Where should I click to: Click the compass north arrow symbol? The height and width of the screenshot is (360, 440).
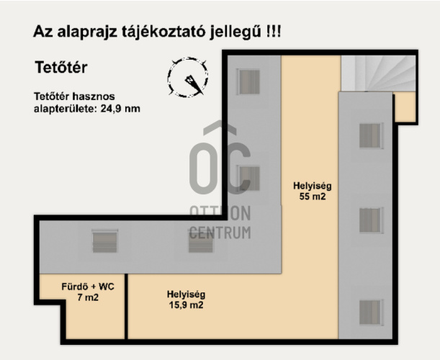(x=193, y=84)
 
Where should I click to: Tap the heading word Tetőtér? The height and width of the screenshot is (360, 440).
(x=61, y=68)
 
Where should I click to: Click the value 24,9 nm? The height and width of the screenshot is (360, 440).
(x=120, y=109)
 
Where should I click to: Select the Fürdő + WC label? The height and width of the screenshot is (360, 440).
(x=88, y=287)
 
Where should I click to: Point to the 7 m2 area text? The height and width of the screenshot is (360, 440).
(x=88, y=297)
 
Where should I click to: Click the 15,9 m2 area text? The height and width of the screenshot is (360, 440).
(x=186, y=305)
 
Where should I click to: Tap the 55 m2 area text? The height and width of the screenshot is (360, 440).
(x=313, y=197)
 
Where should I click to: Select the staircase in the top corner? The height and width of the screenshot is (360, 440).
(x=378, y=73)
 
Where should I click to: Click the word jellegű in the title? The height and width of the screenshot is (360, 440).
(x=235, y=32)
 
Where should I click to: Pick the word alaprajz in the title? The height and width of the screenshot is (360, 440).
(x=87, y=32)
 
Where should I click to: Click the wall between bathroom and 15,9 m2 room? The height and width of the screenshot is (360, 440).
(x=126, y=307)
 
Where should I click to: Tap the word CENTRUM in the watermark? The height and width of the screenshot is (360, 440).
(x=220, y=233)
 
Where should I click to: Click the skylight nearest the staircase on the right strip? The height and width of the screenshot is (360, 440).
(x=371, y=136)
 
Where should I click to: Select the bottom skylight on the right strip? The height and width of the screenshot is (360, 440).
(x=371, y=312)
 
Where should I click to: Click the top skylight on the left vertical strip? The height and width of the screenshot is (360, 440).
(x=249, y=81)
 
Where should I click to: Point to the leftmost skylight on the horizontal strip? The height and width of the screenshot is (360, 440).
(x=105, y=241)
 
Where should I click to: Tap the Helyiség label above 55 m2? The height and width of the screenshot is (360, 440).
(x=313, y=186)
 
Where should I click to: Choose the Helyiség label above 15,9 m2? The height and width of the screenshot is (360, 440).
(x=186, y=294)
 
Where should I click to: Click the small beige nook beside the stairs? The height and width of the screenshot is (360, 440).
(x=405, y=107)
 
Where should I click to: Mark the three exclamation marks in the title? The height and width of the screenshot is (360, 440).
(x=273, y=31)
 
